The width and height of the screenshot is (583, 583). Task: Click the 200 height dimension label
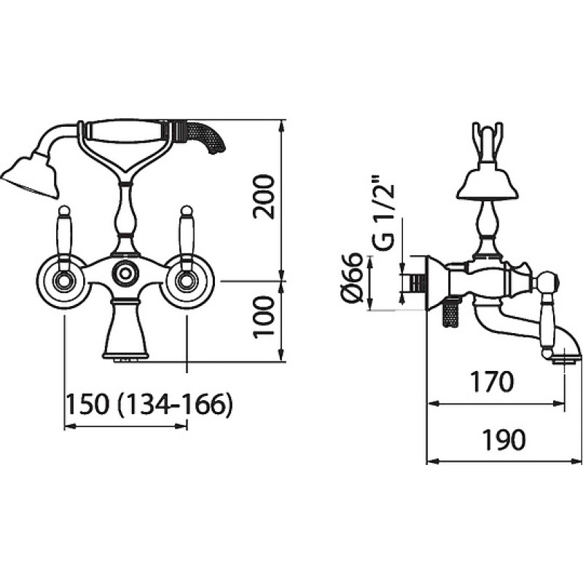pyautogui.click(x=263, y=197)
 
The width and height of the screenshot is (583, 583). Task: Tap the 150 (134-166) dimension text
pyautogui.click(x=149, y=404)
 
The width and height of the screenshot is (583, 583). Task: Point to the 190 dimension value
pyautogui.click(x=504, y=440)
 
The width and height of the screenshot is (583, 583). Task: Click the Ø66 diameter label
pyautogui.click(x=351, y=277)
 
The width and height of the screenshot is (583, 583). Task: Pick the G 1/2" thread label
pyautogui.click(x=383, y=211)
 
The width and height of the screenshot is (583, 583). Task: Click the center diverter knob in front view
pyautogui.click(x=125, y=274)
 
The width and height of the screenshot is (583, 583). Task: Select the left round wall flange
pyautogui.click(x=64, y=281)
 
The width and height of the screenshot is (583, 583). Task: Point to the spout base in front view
pyautogui.click(x=125, y=330)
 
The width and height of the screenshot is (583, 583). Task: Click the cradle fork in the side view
pyautogui.click(x=488, y=142)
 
